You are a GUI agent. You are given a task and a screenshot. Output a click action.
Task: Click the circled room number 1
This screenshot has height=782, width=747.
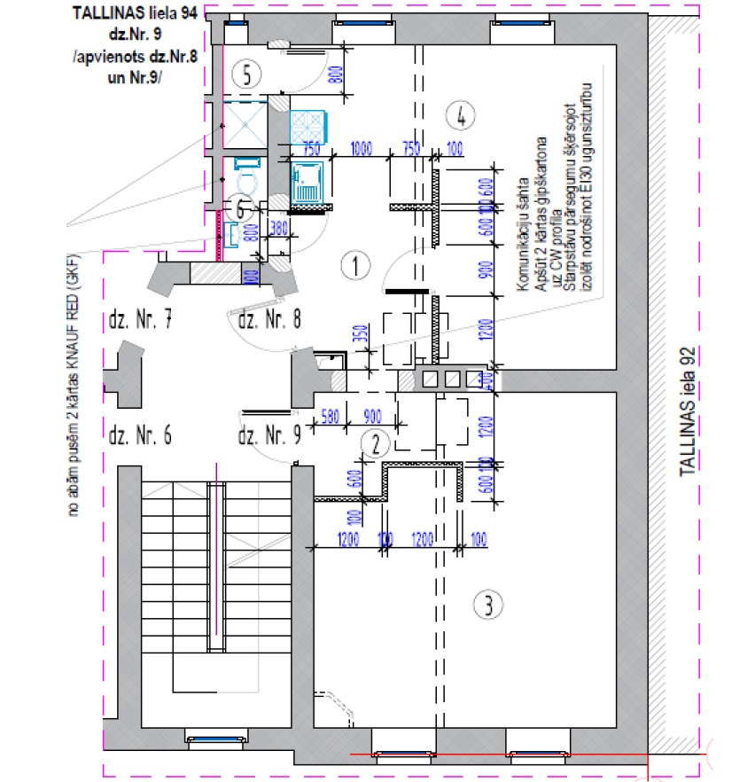(x=354, y=263)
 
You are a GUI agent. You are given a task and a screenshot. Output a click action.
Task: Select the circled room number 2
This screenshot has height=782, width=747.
(x=377, y=443)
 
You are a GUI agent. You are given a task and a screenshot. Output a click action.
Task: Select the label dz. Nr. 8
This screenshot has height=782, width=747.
(x=270, y=320)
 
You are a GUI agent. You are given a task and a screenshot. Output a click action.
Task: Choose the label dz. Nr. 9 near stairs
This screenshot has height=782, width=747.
(x=270, y=436)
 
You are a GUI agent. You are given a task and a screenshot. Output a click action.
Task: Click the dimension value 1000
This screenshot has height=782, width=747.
(x=361, y=148)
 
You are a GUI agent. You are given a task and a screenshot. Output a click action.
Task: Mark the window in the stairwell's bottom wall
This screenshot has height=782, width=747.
(x=214, y=738)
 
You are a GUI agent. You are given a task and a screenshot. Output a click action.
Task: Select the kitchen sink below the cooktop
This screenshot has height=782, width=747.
(x=307, y=184)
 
